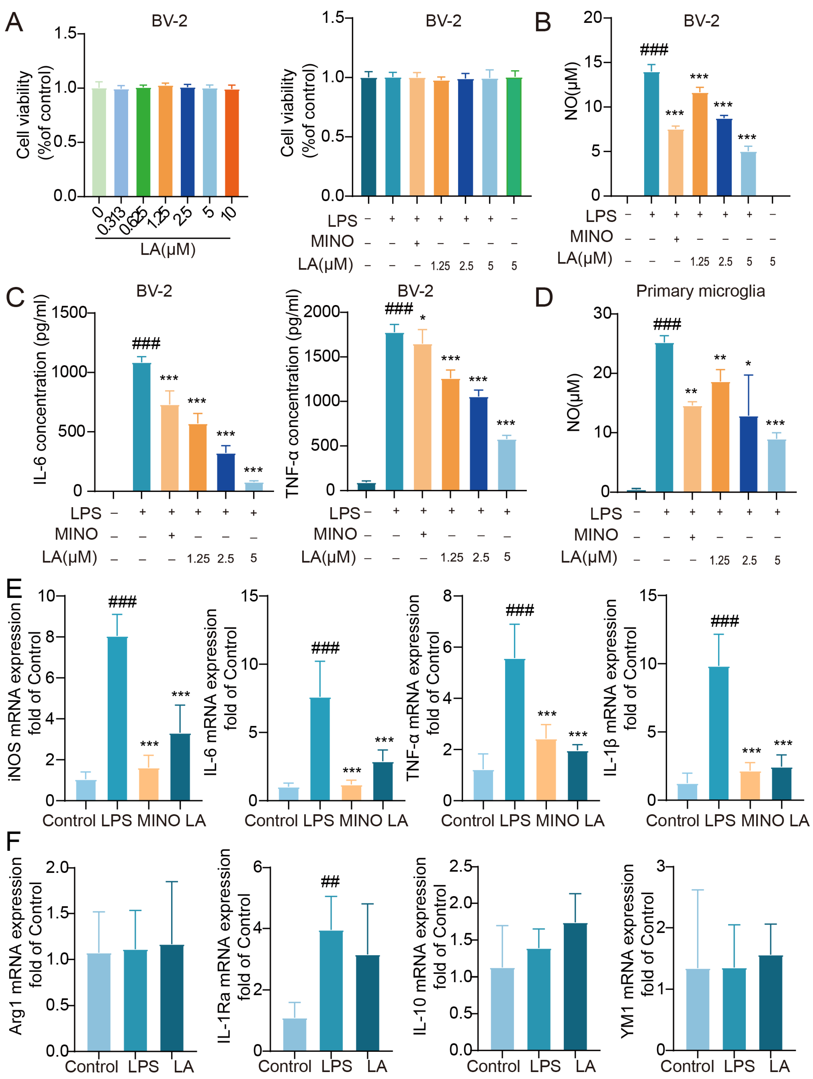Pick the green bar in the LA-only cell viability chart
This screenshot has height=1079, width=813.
pos(143,141)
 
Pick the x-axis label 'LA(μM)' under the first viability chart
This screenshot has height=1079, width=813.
pos(168,249)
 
